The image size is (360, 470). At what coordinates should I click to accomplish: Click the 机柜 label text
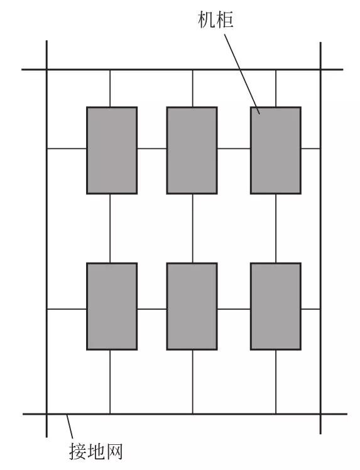coord(215,20)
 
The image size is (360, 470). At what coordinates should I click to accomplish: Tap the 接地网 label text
coord(96,451)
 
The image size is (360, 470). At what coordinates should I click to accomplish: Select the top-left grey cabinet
coord(112,150)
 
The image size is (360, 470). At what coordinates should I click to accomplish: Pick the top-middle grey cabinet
coord(192,150)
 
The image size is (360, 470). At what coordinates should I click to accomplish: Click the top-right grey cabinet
coord(275,150)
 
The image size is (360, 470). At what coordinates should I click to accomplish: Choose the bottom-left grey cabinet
coord(112,307)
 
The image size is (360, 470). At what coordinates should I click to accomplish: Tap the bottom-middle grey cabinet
coord(192,307)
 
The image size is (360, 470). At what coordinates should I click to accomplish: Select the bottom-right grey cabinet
coord(275,307)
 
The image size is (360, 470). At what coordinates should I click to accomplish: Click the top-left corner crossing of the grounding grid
coord(46,70)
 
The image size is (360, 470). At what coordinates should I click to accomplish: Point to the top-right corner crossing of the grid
coord(320,70)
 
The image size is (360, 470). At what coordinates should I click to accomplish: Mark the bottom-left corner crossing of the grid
coord(46,414)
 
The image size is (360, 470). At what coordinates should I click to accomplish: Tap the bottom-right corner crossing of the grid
coord(320,414)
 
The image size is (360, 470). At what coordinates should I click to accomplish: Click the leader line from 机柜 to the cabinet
coord(242,74)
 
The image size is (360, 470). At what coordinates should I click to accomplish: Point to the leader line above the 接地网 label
coord(70,427)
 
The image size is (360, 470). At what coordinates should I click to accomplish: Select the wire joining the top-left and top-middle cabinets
coord(152,148)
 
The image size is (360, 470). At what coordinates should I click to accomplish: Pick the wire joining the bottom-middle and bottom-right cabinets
coord(234,309)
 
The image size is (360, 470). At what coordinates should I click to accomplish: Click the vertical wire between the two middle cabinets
coord(192,229)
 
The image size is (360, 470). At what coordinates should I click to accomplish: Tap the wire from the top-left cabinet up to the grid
coord(110,89)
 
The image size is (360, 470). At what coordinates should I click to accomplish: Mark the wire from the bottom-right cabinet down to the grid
coord(276,382)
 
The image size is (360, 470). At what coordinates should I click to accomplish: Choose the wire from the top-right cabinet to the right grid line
coord(310,148)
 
